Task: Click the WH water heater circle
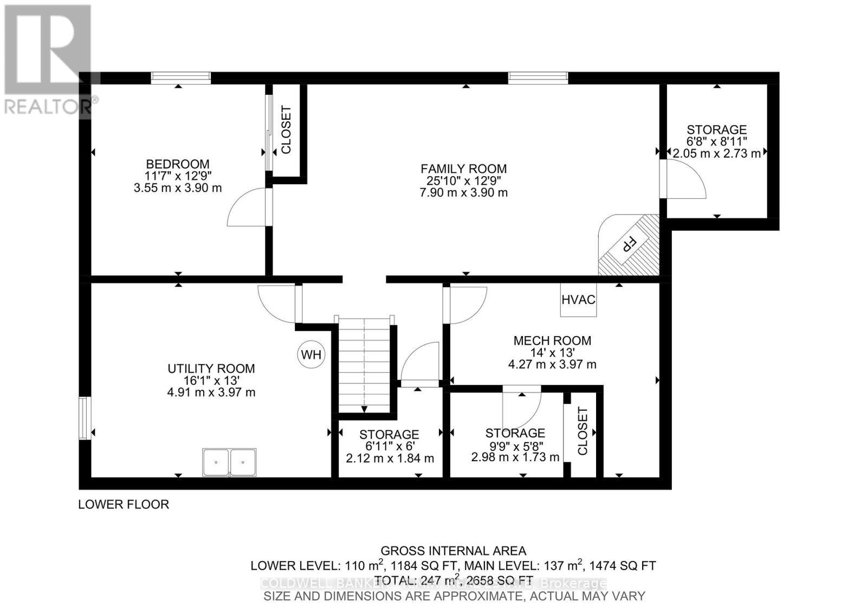(x=311, y=355)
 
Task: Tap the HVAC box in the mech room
(x=578, y=300)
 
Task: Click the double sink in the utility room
(x=229, y=462)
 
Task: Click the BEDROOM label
(x=178, y=164)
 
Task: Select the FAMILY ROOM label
(x=463, y=169)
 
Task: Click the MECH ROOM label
(x=552, y=340)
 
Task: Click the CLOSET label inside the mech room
(x=583, y=431)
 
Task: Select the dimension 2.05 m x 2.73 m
(x=716, y=153)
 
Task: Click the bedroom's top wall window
(x=180, y=78)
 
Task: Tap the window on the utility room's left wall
(x=84, y=418)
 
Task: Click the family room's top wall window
(x=538, y=78)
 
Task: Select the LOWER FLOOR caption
(x=124, y=505)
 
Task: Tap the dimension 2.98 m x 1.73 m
(x=515, y=457)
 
